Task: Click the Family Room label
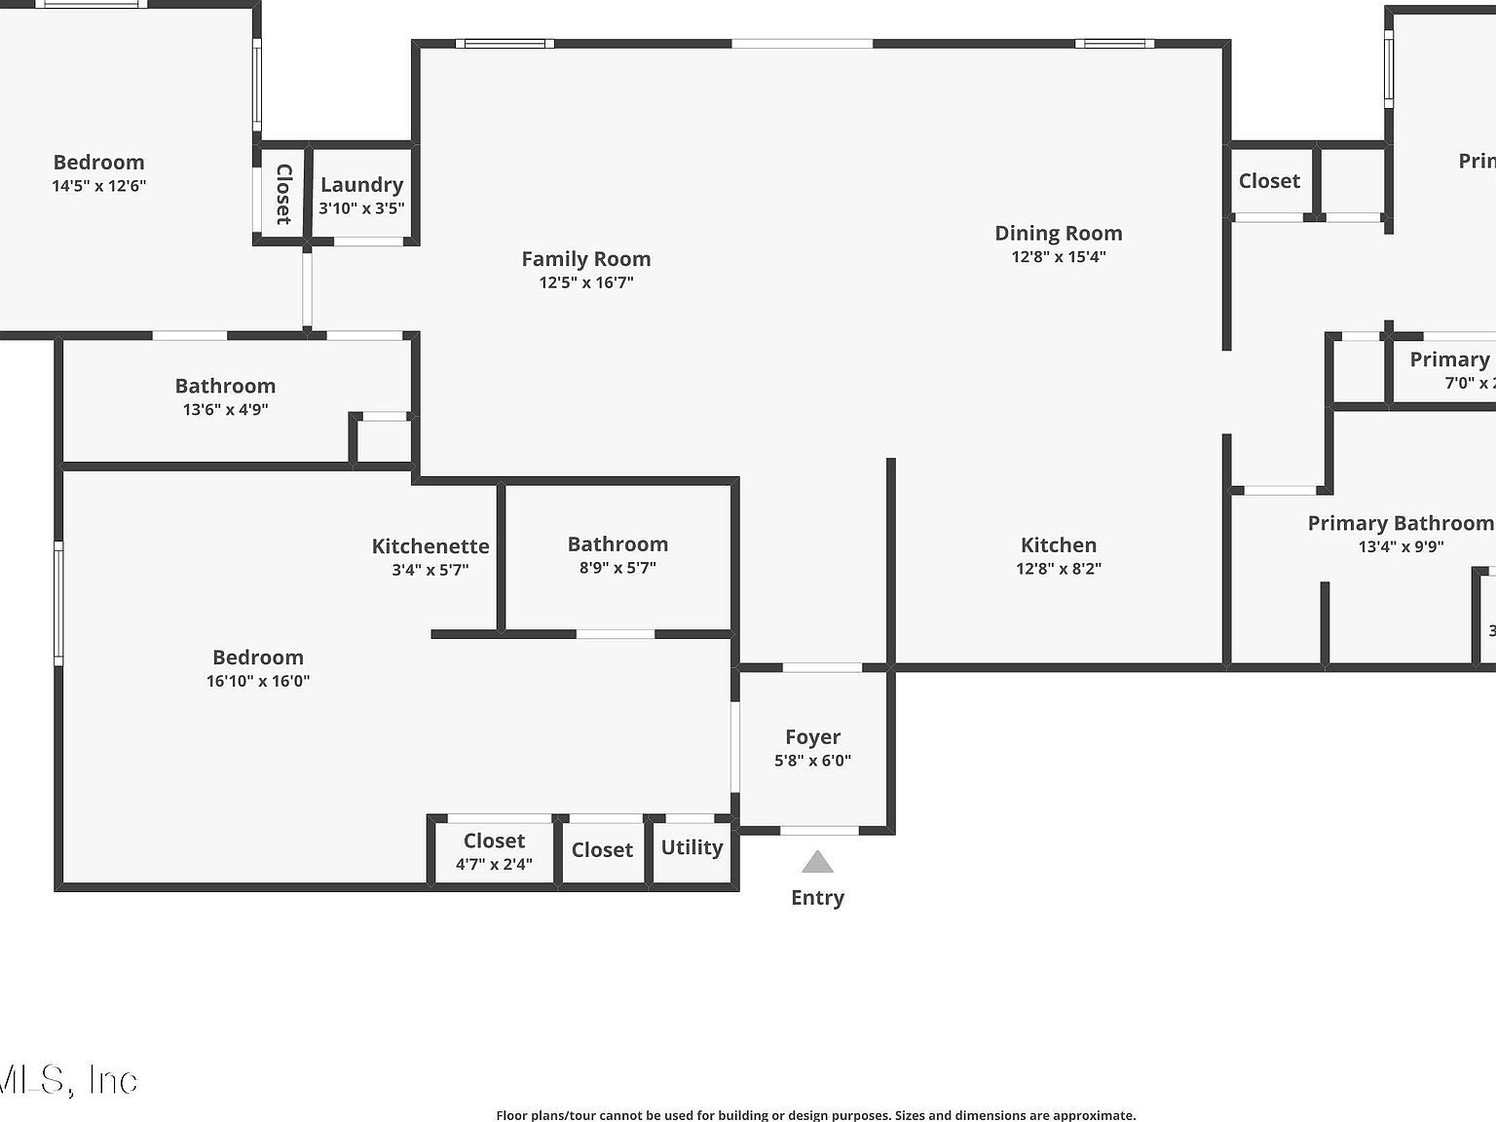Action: point(585,259)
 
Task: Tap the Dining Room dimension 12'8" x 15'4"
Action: point(1058,257)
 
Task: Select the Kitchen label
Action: point(1058,545)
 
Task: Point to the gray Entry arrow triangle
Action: point(817,863)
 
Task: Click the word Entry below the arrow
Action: point(817,898)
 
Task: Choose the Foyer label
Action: point(812,737)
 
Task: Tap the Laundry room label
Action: point(361,185)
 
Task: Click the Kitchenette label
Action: point(430,546)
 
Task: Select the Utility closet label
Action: point(692,847)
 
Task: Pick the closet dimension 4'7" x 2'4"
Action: point(494,864)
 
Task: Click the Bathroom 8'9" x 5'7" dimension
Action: point(617,568)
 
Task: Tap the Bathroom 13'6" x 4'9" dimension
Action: point(225,410)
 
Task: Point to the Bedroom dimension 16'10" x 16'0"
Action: point(258,681)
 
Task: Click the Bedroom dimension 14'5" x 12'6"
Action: point(98,186)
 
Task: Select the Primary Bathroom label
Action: point(1400,524)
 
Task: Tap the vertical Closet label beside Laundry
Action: point(283,194)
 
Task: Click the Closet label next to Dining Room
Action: point(1269,181)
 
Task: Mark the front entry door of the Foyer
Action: point(819,831)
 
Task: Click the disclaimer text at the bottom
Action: point(815,1115)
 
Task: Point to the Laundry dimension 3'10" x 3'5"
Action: point(361,208)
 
